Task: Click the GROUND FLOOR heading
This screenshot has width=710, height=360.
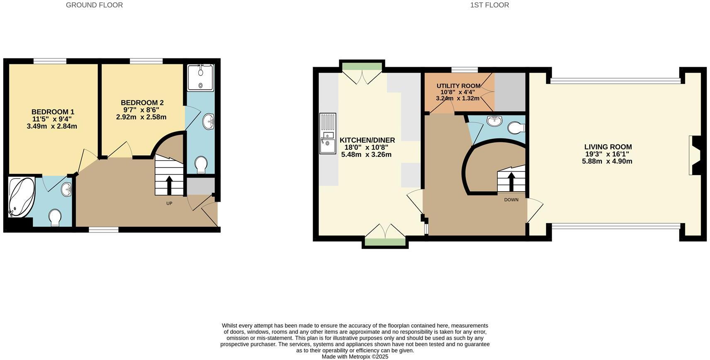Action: coord(94,5)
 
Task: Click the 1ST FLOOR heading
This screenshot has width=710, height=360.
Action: coord(489,5)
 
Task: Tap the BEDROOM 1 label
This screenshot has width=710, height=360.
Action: coord(53,112)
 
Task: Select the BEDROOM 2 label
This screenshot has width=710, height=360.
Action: coord(142,103)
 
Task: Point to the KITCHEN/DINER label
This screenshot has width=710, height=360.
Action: coord(367,140)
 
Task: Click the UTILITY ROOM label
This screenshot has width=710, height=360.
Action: coord(458,86)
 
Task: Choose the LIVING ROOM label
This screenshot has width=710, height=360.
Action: coord(608,147)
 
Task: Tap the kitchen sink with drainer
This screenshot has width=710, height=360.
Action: coord(328,133)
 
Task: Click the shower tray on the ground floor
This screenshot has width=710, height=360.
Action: coord(200,78)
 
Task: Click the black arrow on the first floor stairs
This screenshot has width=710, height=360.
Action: coord(511,180)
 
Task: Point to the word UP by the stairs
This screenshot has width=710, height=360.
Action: coord(169,203)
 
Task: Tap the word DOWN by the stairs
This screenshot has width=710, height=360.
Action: coord(511,200)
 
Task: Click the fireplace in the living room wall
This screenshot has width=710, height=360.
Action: coord(695,156)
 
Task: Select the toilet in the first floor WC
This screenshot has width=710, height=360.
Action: coord(515,128)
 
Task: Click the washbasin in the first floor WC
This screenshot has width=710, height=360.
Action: coord(494,121)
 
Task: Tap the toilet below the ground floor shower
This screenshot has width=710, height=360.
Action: coord(201,164)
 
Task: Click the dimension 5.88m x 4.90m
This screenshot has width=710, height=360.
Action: coord(607,161)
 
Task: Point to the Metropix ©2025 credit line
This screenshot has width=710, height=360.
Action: coord(355,357)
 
